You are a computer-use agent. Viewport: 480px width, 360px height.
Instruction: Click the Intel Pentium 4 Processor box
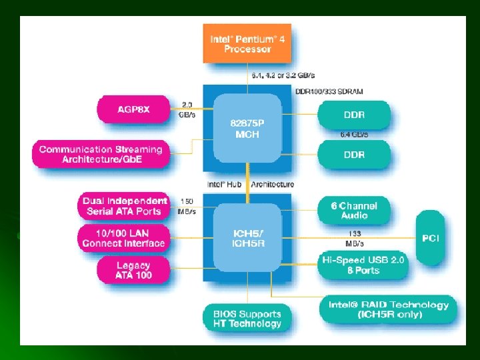247,44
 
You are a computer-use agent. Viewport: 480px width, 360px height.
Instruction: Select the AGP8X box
134,109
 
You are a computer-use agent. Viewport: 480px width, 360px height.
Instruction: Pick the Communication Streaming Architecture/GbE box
101,154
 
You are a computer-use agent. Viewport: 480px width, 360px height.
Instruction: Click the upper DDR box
354,115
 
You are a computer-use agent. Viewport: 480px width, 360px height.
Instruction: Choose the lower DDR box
354,154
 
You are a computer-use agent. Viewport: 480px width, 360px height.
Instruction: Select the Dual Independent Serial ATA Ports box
124,206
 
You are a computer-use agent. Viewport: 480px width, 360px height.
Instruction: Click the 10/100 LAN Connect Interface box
123,238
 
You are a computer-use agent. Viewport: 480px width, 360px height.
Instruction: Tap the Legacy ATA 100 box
133,270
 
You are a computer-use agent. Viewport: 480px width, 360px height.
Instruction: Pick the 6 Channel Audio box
354,210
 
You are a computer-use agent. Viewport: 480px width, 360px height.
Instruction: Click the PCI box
431,238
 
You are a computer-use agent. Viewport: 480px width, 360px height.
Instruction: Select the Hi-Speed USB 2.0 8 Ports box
363,265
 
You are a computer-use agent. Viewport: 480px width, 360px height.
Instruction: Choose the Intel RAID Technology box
389,309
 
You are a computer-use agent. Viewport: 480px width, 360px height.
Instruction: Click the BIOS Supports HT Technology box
247,319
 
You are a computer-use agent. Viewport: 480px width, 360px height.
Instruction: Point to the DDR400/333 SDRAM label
329,91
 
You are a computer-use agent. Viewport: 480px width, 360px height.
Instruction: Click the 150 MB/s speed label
187,207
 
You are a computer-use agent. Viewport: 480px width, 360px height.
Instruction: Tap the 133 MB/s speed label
355,238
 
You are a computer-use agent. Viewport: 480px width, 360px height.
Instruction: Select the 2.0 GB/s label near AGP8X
187,109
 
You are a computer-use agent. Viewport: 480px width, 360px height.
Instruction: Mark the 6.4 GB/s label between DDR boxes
354,135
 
